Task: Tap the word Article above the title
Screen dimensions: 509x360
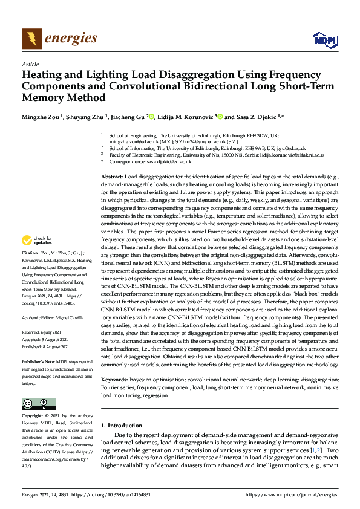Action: pyautogui.click(x=30, y=64)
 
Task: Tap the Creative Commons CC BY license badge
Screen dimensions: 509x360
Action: pyautogui.click(x=39, y=404)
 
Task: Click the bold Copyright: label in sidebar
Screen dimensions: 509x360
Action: pyautogui.click(x=33, y=417)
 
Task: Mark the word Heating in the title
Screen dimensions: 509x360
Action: pyautogui.click(x=45, y=76)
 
